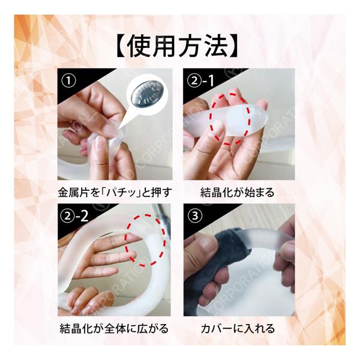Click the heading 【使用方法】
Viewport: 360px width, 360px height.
tap(177, 46)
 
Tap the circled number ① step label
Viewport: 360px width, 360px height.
tap(69, 81)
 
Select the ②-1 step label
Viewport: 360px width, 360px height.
tap(200, 80)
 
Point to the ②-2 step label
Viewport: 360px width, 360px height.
tap(74, 216)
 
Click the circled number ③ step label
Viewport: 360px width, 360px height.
tap(195, 215)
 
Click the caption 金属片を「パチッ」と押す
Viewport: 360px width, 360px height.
tap(115, 192)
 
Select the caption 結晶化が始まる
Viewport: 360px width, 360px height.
tap(237, 192)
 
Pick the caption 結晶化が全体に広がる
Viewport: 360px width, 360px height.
tap(114, 329)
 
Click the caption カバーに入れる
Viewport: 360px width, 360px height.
tap(238, 329)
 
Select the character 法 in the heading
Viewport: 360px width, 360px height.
tap(217, 46)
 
